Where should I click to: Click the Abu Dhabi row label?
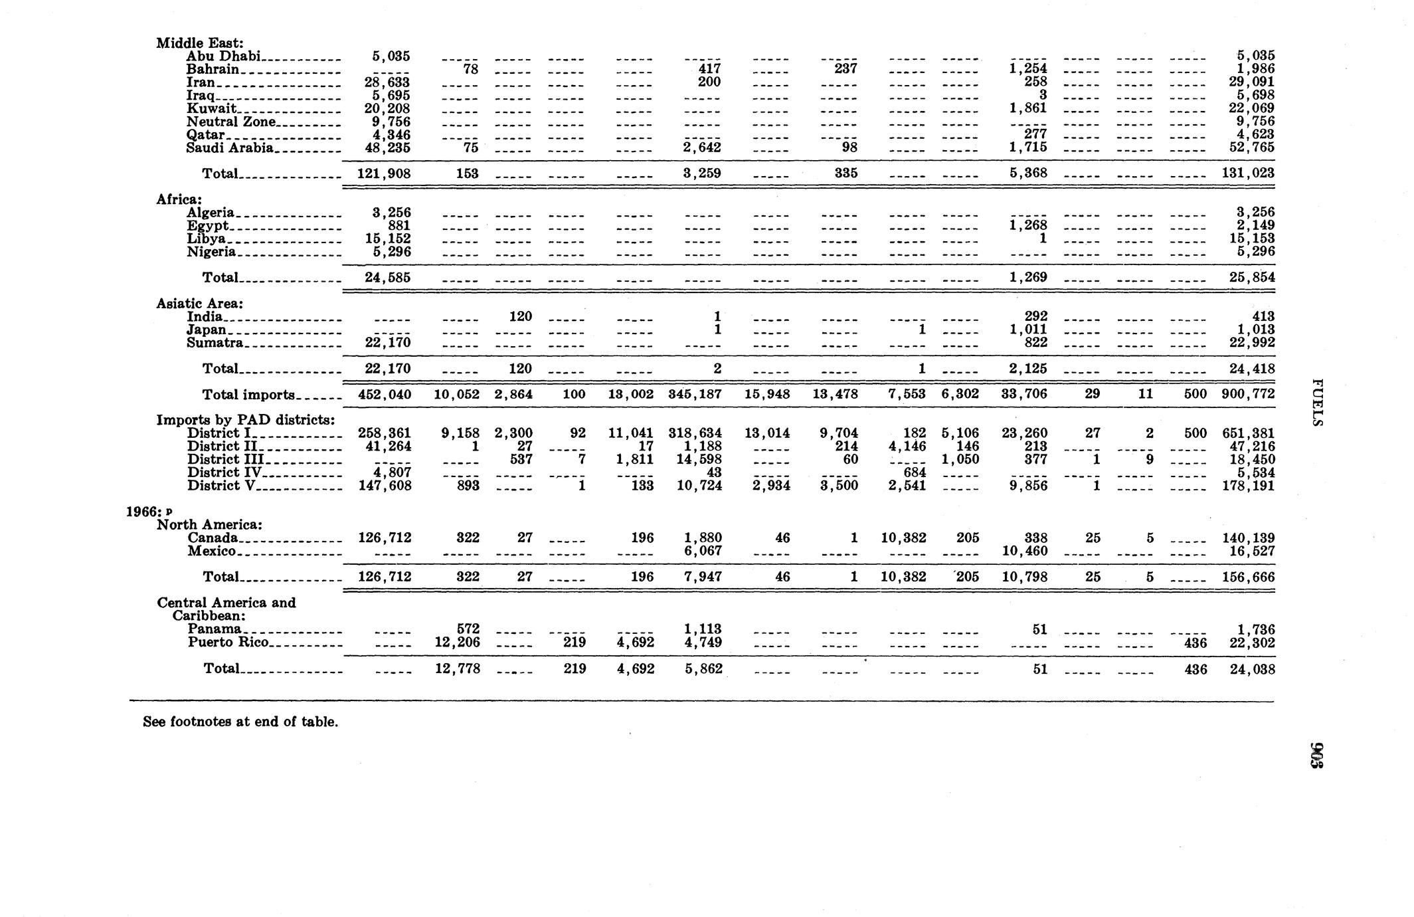[222, 56]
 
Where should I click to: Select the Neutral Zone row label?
[230, 122]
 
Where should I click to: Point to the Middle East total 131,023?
[1248, 173]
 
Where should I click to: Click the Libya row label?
[206, 239]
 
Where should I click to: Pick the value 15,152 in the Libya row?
[387, 239]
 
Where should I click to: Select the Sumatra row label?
[215, 343]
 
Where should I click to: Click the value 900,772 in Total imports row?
[1248, 394]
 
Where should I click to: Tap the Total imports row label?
[248, 395]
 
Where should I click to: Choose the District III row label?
[225, 459]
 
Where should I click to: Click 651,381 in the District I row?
[1248, 433]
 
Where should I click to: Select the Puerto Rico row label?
[228, 642]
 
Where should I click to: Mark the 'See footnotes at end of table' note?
[240, 722]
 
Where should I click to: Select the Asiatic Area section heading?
[200, 304]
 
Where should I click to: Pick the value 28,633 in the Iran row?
[387, 82]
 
